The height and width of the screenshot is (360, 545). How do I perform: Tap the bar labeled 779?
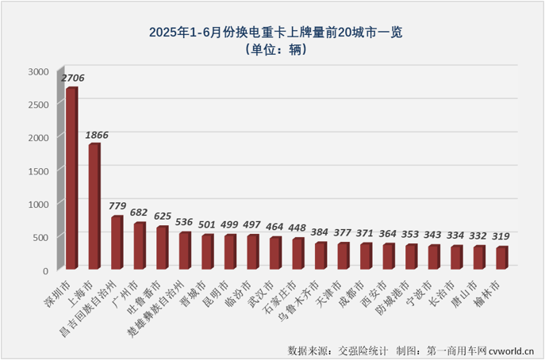pyautogui.click(x=117, y=243)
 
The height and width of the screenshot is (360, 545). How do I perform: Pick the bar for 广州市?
pyautogui.click(x=139, y=246)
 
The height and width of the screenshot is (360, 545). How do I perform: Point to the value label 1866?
pyautogui.click(x=95, y=135)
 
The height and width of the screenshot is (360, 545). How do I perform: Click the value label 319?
pyautogui.click(x=501, y=236)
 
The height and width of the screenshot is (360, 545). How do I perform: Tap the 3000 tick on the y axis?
pyautogui.click(x=38, y=71)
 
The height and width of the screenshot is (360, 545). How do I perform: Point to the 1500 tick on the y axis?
pyautogui.click(x=38, y=170)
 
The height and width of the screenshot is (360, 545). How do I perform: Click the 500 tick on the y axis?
pyautogui.click(x=40, y=237)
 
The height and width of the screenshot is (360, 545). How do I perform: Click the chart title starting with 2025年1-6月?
pyautogui.click(x=273, y=33)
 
